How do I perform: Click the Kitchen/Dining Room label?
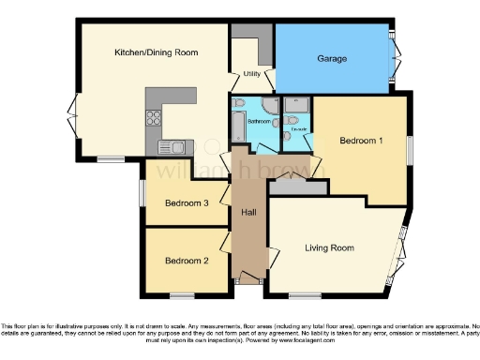[x=156, y=53]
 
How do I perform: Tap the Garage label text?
[x=332, y=59]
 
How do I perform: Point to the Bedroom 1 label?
[x=361, y=141]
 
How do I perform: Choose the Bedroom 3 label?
[x=187, y=203]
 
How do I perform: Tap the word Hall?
[x=249, y=214]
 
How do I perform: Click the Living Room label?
[x=330, y=247]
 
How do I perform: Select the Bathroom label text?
[x=259, y=122]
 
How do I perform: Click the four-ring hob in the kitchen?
[x=153, y=118]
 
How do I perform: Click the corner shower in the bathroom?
[x=271, y=104]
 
